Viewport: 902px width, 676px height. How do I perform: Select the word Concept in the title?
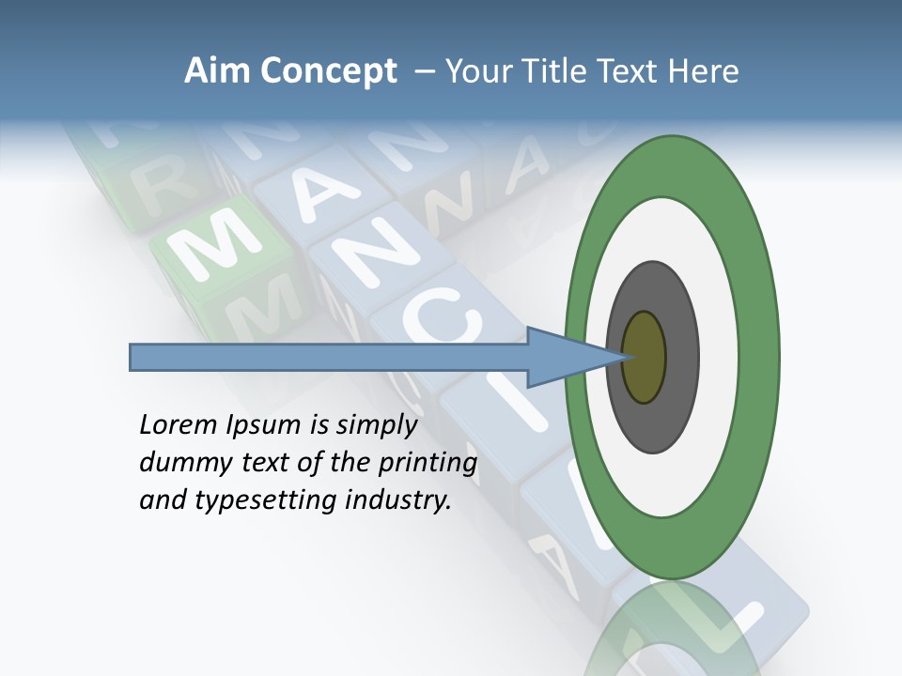click(329, 72)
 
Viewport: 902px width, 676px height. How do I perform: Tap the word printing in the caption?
click(428, 464)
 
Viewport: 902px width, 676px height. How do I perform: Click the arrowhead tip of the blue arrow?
click(624, 357)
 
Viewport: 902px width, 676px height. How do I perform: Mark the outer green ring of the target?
click(761, 357)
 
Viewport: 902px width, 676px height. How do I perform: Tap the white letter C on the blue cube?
click(443, 319)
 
